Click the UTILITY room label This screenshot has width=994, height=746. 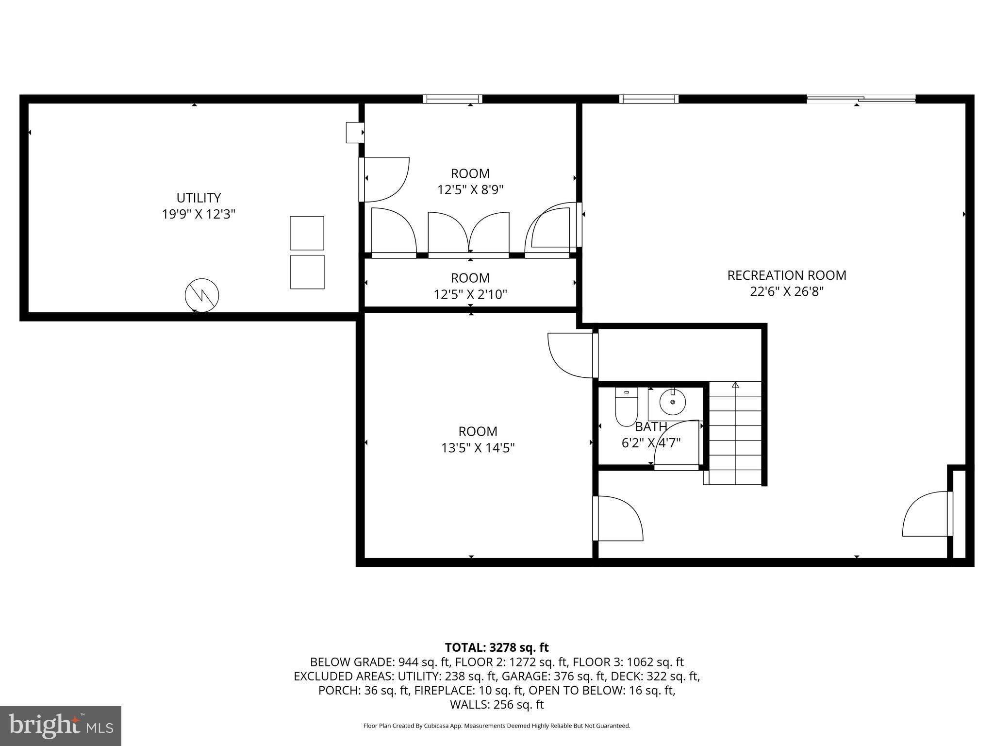pos(199,198)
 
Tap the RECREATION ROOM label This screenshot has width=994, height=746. pos(786,275)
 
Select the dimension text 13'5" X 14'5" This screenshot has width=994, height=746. pos(478,448)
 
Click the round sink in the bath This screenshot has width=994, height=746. pos(672,402)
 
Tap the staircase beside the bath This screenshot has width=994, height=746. pos(735,432)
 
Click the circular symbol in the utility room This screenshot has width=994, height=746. pos(202,295)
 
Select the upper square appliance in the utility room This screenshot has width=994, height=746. pos(307,233)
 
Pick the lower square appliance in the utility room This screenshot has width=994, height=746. pos(307,272)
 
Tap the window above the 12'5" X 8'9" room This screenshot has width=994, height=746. pos(452,99)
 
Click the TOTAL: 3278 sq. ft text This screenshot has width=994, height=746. pos(497,647)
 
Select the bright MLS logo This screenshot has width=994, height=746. pos(61,726)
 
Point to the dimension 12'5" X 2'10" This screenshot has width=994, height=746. pos(470,294)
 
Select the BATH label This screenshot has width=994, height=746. pos(651,427)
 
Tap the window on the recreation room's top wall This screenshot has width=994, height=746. pos(649,99)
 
